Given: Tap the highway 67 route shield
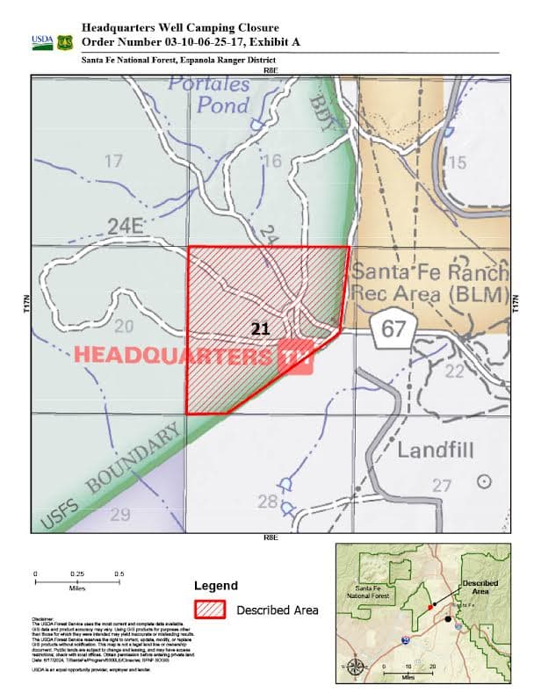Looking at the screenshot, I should (386, 328).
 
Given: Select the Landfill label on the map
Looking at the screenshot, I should (435, 451).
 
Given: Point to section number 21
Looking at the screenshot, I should (260, 328).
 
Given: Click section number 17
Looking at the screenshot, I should (112, 162).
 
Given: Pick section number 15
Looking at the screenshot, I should (456, 162).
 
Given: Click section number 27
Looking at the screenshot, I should (441, 485).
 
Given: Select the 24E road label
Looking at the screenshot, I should (125, 227).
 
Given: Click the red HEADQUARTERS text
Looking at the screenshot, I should (173, 355).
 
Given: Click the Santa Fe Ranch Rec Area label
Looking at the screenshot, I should (431, 282).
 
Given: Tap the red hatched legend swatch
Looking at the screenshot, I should (211, 609).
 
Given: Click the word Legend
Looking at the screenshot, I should (215, 586).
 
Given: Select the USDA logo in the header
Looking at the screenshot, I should (42, 41).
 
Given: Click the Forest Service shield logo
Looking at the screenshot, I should (65, 41).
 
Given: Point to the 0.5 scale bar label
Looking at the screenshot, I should (118, 574).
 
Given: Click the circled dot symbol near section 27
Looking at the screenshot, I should (483, 480).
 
